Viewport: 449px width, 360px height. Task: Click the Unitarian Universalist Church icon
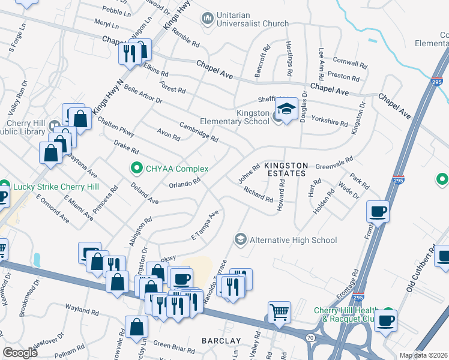(x=208, y=19)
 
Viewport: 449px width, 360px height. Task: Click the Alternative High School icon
(x=241, y=240)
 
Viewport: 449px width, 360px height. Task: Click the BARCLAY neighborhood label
(x=221, y=341)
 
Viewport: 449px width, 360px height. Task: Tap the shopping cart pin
(x=279, y=312)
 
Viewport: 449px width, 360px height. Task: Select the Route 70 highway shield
(x=310, y=338)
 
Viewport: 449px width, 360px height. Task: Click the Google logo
(x=20, y=353)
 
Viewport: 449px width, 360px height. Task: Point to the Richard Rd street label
(x=258, y=194)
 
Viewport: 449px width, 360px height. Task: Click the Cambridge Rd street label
(x=199, y=131)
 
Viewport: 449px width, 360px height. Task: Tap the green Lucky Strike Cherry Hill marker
(x=4, y=185)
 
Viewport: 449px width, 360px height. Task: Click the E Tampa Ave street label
(x=205, y=225)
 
